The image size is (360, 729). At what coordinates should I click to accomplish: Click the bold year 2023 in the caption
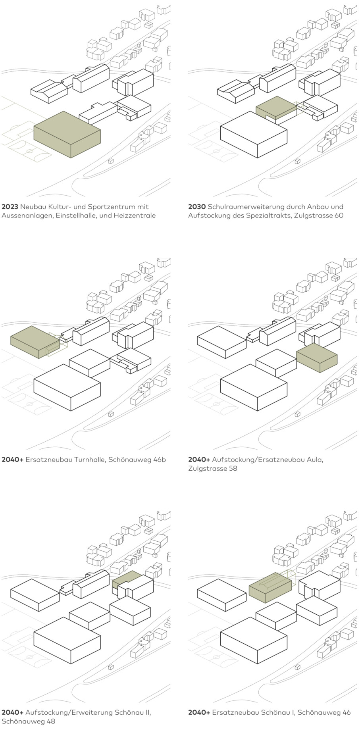[10, 207]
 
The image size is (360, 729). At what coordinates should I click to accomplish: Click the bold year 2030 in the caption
[197, 207]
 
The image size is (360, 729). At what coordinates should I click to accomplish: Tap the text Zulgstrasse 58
[213, 469]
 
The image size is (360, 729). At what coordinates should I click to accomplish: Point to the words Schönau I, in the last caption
[275, 713]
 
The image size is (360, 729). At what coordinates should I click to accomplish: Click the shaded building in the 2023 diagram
[67, 134]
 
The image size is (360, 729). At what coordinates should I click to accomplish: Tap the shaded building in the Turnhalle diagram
[35, 342]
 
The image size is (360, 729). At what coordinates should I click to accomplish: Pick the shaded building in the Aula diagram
[317, 358]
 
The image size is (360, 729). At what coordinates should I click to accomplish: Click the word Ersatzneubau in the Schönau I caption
[235, 713]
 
